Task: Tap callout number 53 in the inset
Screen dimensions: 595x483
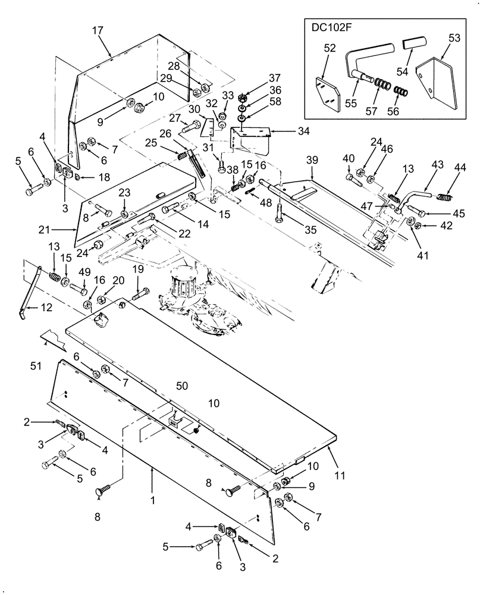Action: (x=454, y=38)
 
